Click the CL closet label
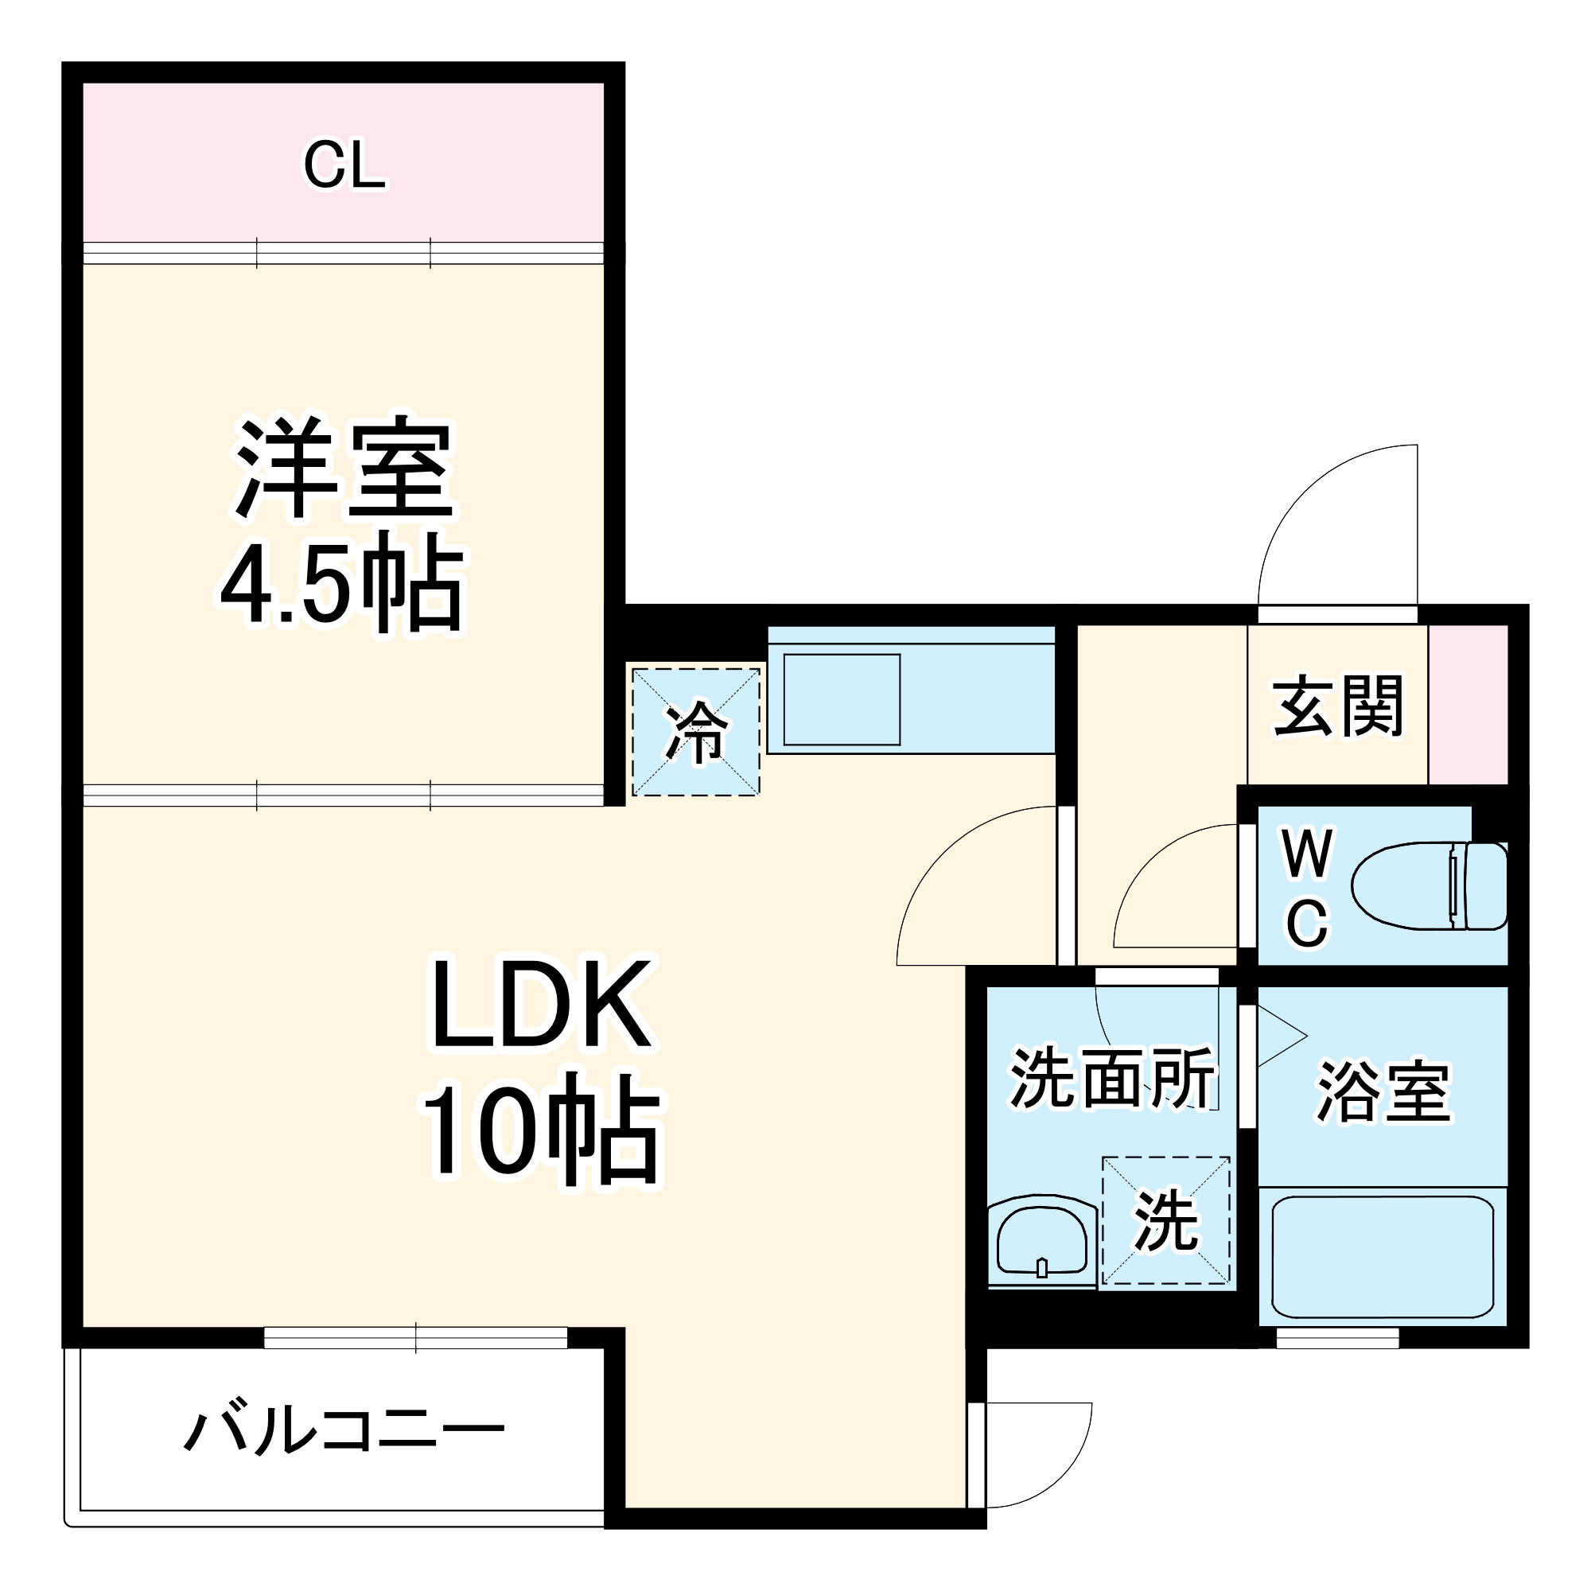click(344, 165)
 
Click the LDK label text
click(541, 1005)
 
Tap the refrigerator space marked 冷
click(696, 731)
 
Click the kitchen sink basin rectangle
click(841, 699)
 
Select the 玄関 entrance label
click(1337, 706)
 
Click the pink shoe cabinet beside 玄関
click(1468, 705)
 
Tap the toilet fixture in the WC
click(1428, 886)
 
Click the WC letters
click(1307, 889)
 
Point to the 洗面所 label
click(1112, 1078)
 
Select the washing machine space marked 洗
click(1165, 1221)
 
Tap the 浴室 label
click(1383, 1092)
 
